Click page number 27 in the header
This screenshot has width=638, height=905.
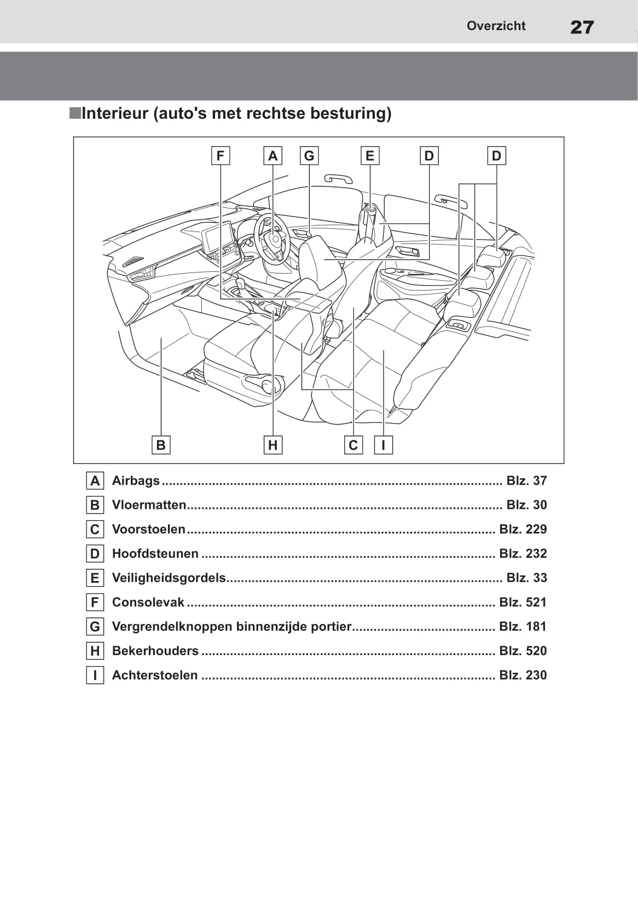click(582, 27)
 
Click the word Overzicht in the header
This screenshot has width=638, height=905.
click(496, 26)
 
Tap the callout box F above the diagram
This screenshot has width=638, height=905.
click(221, 156)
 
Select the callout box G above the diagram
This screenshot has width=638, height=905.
click(309, 156)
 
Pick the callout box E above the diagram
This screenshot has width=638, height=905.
click(370, 156)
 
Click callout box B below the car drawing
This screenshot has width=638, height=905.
click(161, 445)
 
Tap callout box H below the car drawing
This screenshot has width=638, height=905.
click(272, 445)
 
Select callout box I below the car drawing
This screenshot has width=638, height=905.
click(384, 445)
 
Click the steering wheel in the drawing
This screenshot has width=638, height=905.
click(272, 237)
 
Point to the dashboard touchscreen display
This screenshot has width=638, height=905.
click(219, 238)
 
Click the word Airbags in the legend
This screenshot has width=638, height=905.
click(136, 480)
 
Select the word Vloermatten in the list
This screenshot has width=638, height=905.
click(149, 505)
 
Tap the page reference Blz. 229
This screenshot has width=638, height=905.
click(523, 529)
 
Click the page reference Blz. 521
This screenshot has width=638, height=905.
click(523, 602)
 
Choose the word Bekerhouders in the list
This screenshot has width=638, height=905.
click(155, 651)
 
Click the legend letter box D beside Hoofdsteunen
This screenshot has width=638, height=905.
click(95, 554)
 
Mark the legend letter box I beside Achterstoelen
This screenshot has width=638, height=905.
click(95, 675)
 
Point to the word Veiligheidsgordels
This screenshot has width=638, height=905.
click(169, 578)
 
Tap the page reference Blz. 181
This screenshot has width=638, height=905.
click(523, 626)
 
